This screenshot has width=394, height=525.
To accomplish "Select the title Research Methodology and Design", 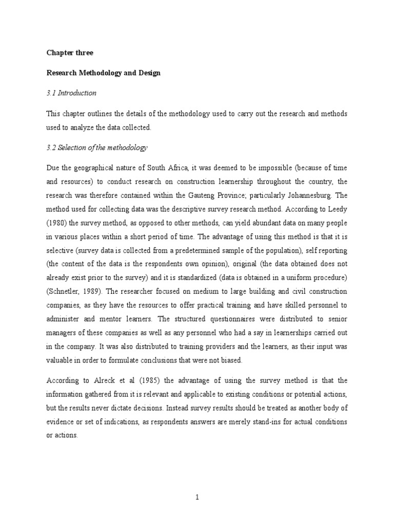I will point(103,73).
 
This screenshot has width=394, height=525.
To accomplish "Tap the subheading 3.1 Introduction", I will point(71,93).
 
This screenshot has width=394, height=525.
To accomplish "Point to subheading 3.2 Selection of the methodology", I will point(97,148).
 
